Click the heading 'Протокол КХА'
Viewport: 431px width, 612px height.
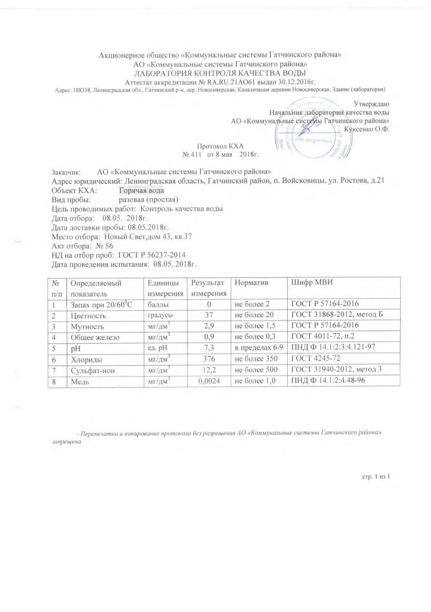click(x=220, y=146)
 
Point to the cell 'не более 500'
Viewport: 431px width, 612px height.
click(x=255, y=370)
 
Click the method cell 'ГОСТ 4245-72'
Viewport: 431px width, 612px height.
click(x=313, y=359)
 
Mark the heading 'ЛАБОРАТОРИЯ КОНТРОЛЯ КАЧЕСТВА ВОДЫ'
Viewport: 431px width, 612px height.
click(x=220, y=73)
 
